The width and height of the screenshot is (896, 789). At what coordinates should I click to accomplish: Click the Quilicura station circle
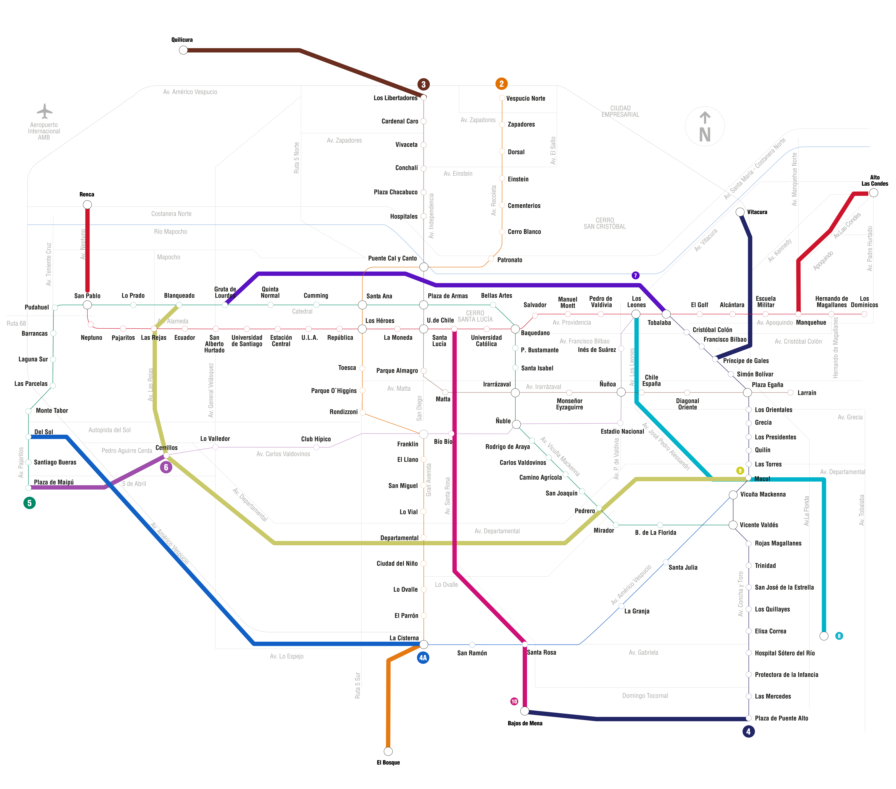click(x=183, y=50)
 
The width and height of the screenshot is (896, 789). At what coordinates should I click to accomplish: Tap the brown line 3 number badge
click(x=423, y=84)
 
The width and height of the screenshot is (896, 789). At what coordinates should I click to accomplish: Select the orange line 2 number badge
click(x=501, y=84)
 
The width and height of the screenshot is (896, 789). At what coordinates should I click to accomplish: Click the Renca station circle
click(x=87, y=205)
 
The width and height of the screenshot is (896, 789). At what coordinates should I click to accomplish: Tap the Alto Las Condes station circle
click(x=874, y=193)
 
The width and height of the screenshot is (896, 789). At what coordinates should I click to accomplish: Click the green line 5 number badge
click(x=29, y=503)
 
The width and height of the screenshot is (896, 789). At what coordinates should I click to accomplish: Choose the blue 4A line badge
click(x=423, y=657)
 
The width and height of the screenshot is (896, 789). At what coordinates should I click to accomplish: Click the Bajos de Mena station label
click(x=525, y=723)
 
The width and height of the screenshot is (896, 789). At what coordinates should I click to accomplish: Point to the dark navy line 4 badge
click(x=748, y=731)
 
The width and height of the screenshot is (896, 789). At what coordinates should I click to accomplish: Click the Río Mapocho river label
click(x=171, y=231)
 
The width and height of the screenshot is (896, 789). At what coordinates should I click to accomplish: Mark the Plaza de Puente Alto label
click(x=782, y=718)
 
